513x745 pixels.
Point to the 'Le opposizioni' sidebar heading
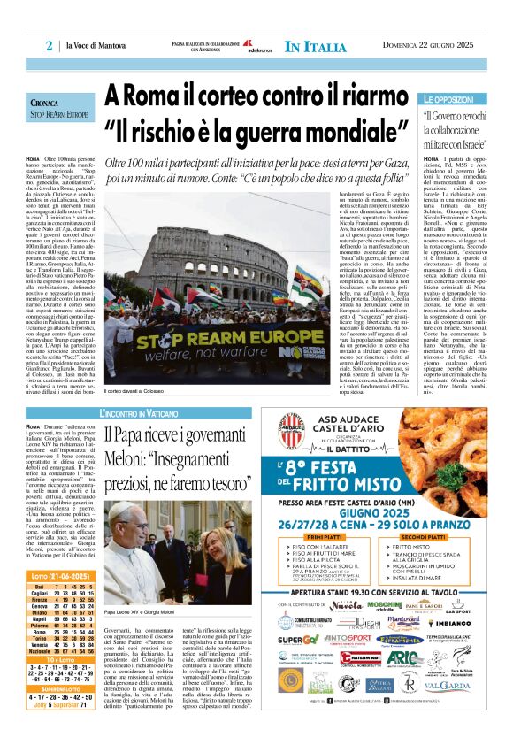(448, 102)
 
